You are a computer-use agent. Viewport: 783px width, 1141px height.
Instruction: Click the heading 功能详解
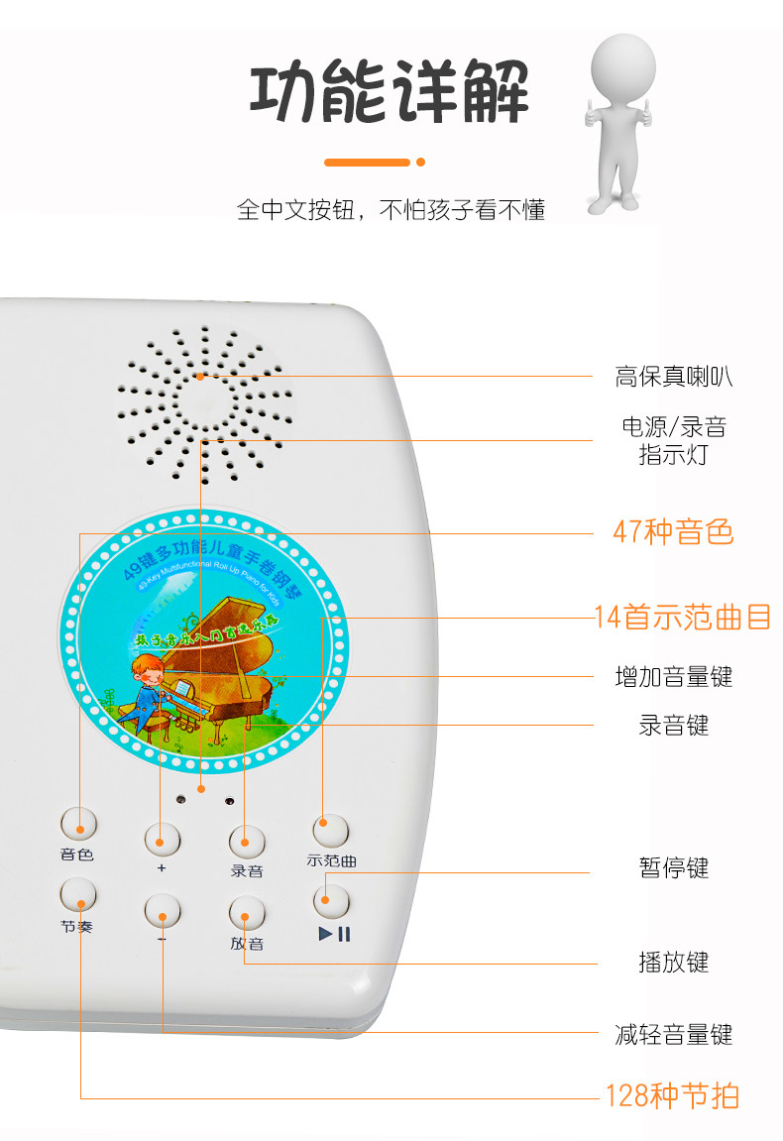coord(389,93)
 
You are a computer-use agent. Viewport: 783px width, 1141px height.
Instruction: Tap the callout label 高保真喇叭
coord(674,377)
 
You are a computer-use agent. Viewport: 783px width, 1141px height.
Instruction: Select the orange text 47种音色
coord(673,532)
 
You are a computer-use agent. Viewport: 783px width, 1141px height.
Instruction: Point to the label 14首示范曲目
coord(683,617)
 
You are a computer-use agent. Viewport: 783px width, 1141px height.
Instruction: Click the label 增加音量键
coord(674,677)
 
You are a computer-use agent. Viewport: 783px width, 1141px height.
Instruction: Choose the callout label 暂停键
coord(674,868)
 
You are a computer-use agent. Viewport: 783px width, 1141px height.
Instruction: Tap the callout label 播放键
coord(674,962)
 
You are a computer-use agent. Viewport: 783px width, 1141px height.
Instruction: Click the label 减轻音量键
coord(674,1036)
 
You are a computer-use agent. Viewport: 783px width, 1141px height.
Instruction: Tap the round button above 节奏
coord(78,894)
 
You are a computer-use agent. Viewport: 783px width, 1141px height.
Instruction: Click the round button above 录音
coord(247,842)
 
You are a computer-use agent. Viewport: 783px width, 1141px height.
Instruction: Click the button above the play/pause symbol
coord(331,900)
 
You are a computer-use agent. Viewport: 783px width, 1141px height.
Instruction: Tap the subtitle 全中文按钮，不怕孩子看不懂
coord(391,210)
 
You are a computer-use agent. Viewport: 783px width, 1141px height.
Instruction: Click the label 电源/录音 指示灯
coord(674,441)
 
